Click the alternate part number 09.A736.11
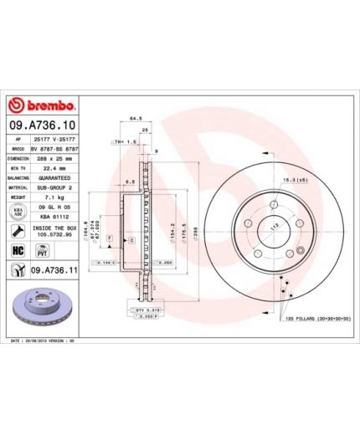(x=54, y=269)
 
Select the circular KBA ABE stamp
(x=17, y=214)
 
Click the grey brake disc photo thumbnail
(x=42, y=307)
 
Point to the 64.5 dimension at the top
(x=134, y=118)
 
